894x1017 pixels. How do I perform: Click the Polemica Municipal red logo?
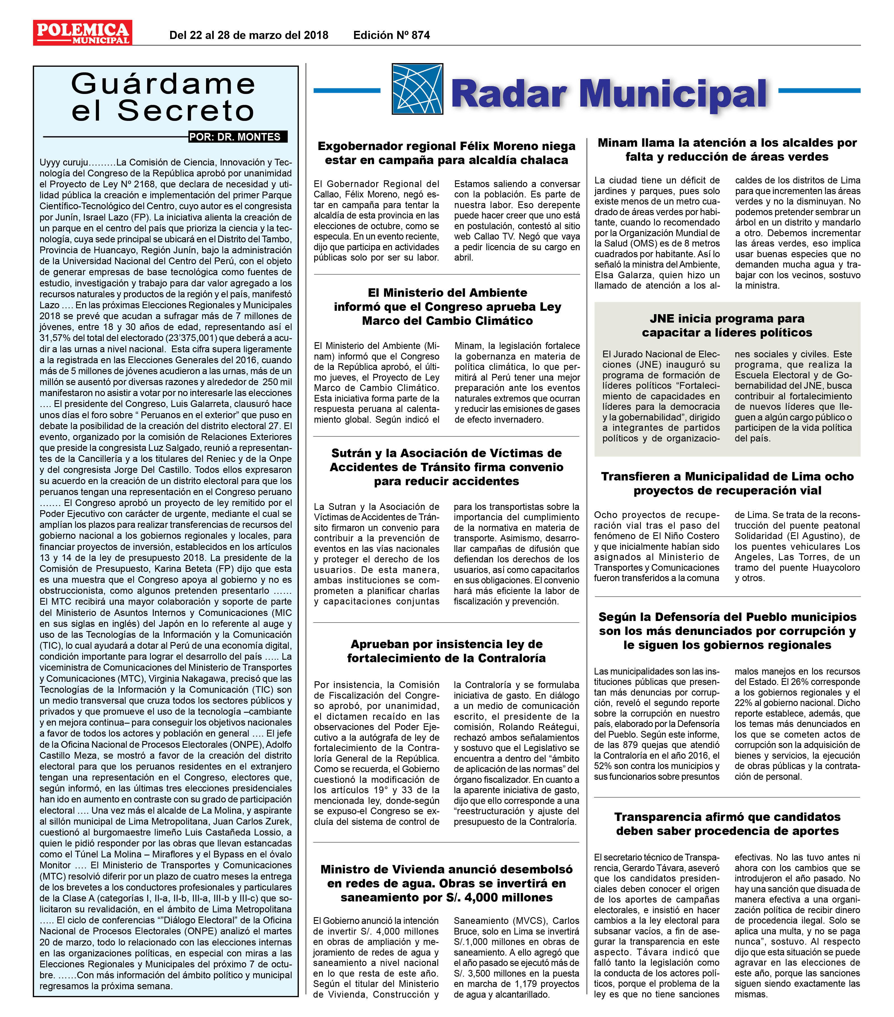click(82, 33)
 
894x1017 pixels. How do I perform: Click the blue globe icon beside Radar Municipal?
click(417, 89)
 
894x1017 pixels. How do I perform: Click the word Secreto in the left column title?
click(186, 111)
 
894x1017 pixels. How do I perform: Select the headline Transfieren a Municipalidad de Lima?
click(727, 483)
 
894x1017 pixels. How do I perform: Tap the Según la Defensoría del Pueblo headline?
click(727, 631)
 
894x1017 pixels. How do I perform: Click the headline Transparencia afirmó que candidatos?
click(727, 824)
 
